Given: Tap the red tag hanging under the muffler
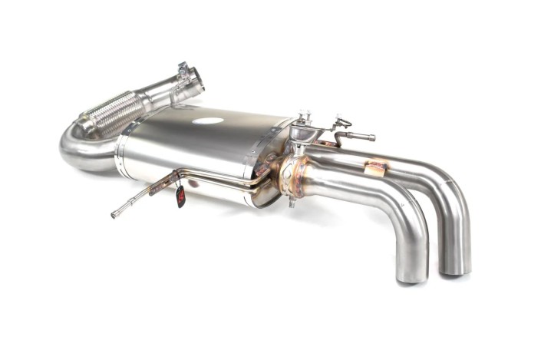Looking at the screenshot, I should pos(180,197).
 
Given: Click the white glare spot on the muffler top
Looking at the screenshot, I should pos(207,121).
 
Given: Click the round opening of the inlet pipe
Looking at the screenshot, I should pos(198,78).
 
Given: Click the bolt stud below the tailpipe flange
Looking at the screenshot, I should pos(292,201).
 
